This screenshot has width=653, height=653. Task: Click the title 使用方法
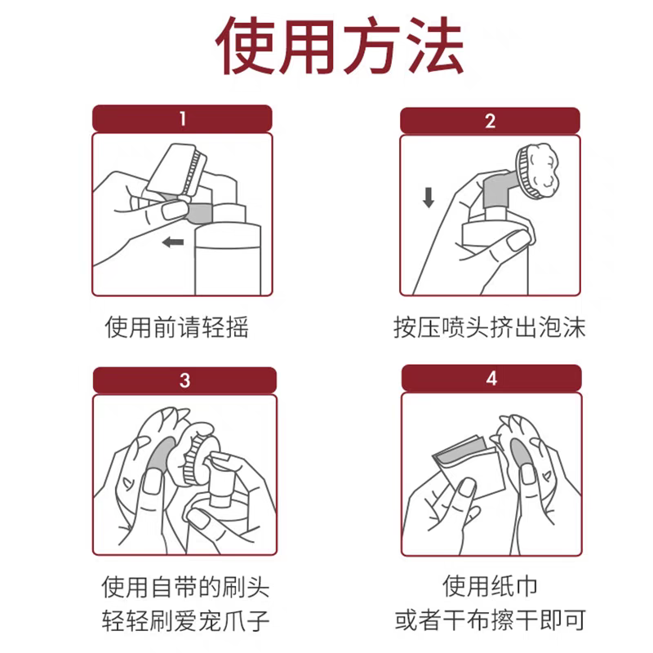[339, 46]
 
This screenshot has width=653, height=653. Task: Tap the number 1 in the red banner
[182, 118]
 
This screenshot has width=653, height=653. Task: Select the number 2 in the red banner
[491, 121]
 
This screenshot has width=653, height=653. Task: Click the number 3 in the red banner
[185, 380]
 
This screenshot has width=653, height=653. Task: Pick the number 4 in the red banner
[492, 378]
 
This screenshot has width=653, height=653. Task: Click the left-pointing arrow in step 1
[173, 242]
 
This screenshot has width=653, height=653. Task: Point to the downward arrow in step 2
[429, 198]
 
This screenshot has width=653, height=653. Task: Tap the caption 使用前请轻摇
[177, 327]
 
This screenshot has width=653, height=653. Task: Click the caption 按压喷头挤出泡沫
[490, 327]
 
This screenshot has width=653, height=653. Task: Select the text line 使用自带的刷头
[185, 587]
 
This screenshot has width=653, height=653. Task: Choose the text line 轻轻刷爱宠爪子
[185, 620]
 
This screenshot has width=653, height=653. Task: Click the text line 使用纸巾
[490, 586]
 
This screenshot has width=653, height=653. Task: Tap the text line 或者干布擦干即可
[491, 620]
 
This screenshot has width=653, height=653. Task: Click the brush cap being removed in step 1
[177, 170]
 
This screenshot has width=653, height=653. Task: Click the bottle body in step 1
[229, 259]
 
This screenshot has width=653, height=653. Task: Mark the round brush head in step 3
[193, 454]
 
